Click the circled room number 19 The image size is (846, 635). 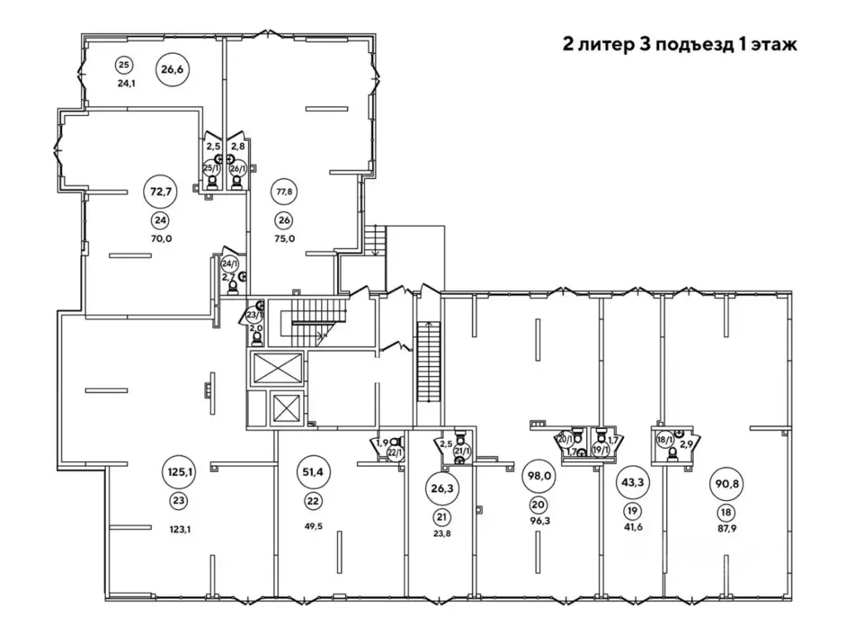[632, 510]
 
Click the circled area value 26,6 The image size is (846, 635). [172, 70]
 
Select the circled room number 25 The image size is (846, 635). [124, 65]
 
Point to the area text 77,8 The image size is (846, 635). [284, 191]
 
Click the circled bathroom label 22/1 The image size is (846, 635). [395, 452]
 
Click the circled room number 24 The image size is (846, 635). [159, 220]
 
